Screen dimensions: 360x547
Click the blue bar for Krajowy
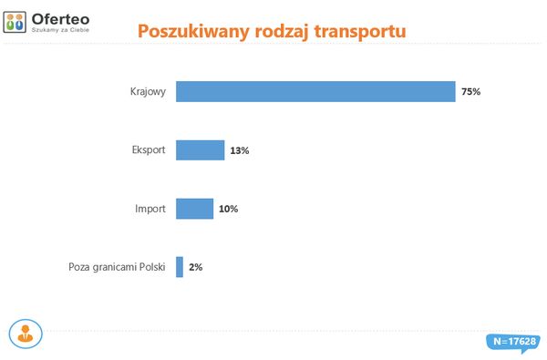pos(315,92)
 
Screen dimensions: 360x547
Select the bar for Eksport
pos(200,150)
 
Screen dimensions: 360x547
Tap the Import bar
pos(194,209)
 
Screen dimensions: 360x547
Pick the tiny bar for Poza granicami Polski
pos(180,267)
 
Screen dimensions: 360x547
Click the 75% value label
pos(470,92)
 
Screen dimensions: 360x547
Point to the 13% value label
pos(240,150)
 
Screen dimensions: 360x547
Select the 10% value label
pos(229,209)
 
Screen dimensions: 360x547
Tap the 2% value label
pos(195,267)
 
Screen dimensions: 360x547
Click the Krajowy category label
pos(148,92)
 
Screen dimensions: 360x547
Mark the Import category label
pos(150,209)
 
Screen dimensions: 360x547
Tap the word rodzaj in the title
pos(277,31)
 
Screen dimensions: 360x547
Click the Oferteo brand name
pos(59,16)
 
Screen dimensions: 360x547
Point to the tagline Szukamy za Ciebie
pos(60,29)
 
